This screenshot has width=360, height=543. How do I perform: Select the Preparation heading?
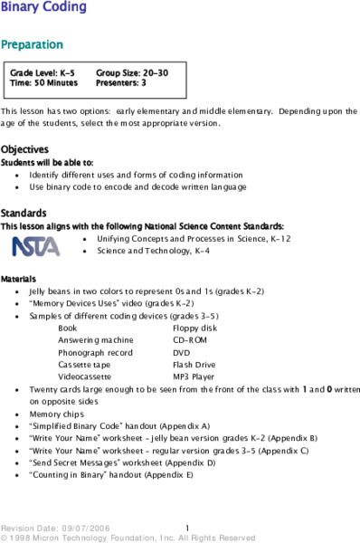(x=32, y=44)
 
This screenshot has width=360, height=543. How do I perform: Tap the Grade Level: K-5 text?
(x=43, y=71)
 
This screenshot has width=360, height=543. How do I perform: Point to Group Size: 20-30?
(x=132, y=71)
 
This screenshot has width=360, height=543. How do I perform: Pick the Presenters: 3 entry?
(x=121, y=81)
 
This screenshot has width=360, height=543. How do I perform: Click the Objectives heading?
(x=24, y=148)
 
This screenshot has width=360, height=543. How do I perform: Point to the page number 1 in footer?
(x=186, y=528)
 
